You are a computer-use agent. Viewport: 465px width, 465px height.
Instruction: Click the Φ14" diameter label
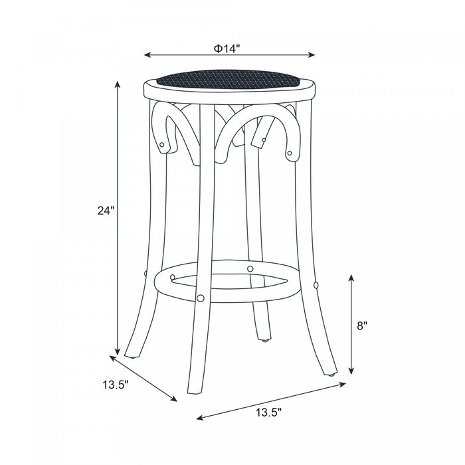pos(227,48)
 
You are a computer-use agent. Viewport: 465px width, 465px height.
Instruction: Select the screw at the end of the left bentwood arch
pos(163,143)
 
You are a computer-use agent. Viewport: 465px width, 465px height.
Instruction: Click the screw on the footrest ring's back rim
pos(250,268)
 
